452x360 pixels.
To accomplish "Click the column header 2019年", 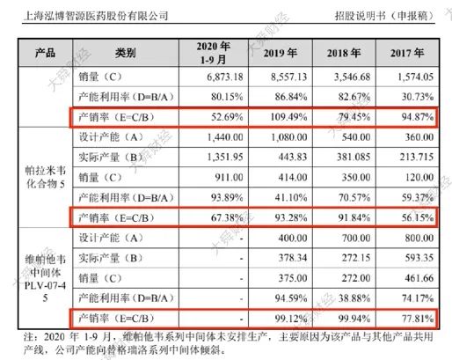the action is click(281, 53).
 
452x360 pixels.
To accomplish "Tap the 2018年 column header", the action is click(344, 53).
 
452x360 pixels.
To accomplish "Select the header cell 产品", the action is click(45, 53).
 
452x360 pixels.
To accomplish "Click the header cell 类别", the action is click(126, 53).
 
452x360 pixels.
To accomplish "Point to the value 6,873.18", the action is click(225, 77).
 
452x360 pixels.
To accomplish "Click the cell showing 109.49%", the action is click(288, 117).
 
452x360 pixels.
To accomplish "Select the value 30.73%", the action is click(418, 97).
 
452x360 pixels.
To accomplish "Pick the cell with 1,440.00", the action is click(225, 137).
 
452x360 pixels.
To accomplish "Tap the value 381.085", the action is click(354, 157).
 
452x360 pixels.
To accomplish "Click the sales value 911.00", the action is click(229, 177).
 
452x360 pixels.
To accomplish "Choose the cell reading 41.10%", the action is click(291, 197).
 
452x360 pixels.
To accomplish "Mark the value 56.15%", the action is click(418, 217).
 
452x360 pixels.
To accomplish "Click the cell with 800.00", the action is click(419, 238).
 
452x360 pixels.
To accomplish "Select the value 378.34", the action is click(293, 258).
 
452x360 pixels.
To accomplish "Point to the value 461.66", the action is click(419, 278).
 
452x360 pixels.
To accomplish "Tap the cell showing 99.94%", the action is click(354, 319).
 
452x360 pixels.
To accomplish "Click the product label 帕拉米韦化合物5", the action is click(45, 177).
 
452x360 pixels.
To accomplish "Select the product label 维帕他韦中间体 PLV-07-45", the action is click(45, 279).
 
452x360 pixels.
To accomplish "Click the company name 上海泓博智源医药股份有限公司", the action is click(96, 16).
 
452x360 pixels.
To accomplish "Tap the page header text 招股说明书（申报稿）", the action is click(384, 16).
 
